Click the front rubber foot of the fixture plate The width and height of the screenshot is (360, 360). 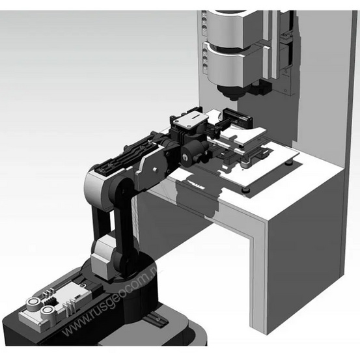tap(245, 189)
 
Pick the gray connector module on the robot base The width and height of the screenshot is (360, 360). tap(52, 306)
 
